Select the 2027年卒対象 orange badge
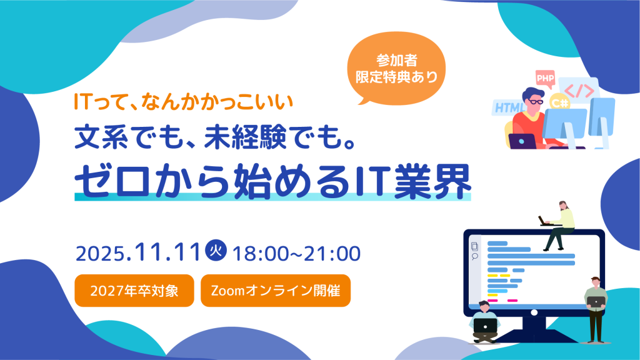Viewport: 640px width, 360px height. [134, 291]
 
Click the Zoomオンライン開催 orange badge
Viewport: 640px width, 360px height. [275, 291]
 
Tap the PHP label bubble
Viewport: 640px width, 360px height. [544, 77]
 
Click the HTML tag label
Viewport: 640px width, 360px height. [509, 107]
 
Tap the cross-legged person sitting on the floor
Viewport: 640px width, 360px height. [484, 321]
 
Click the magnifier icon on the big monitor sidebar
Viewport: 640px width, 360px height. [475, 256]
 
